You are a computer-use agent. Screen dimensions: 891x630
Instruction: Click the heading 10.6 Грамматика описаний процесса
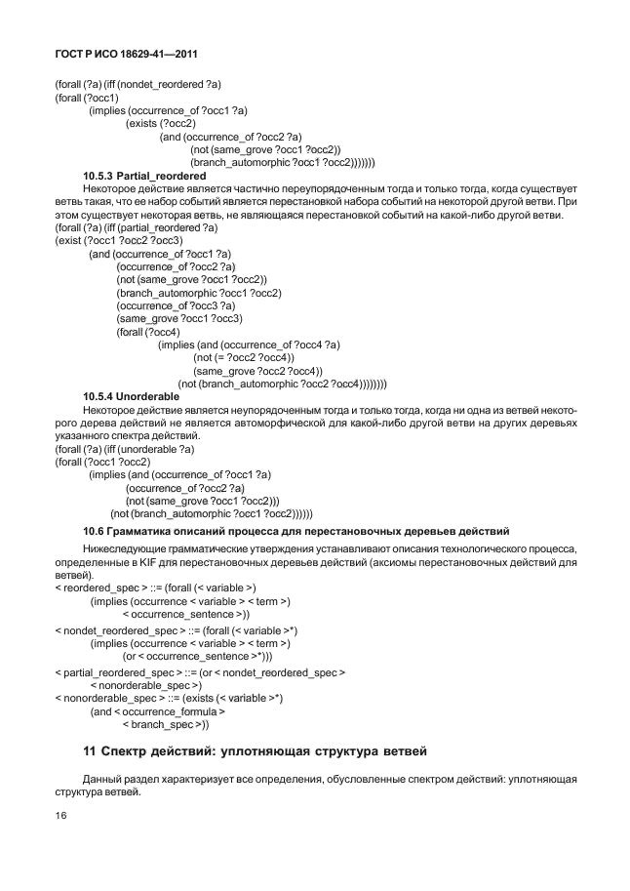[x=293, y=531]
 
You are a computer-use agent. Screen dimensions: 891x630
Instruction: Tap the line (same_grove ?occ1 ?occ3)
[x=179, y=318]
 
